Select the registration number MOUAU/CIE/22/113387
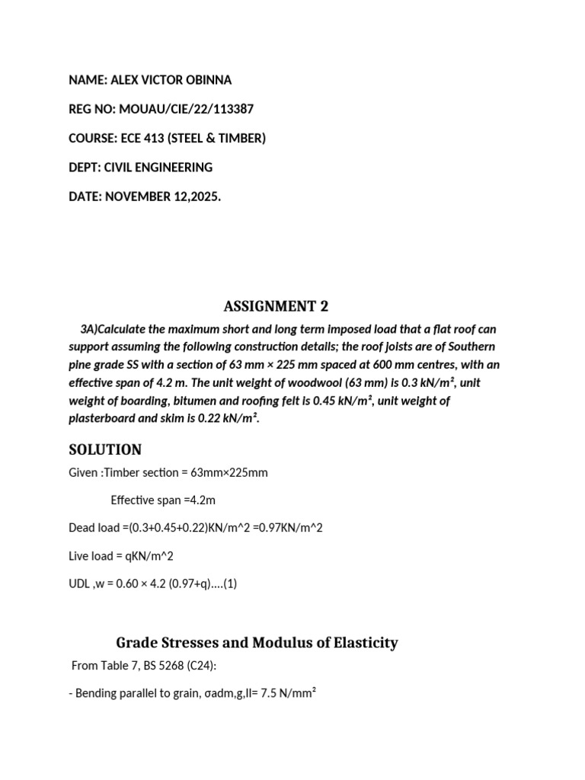click(x=185, y=109)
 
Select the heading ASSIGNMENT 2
click(x=276, y=306)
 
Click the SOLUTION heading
click(x=105, y=449)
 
